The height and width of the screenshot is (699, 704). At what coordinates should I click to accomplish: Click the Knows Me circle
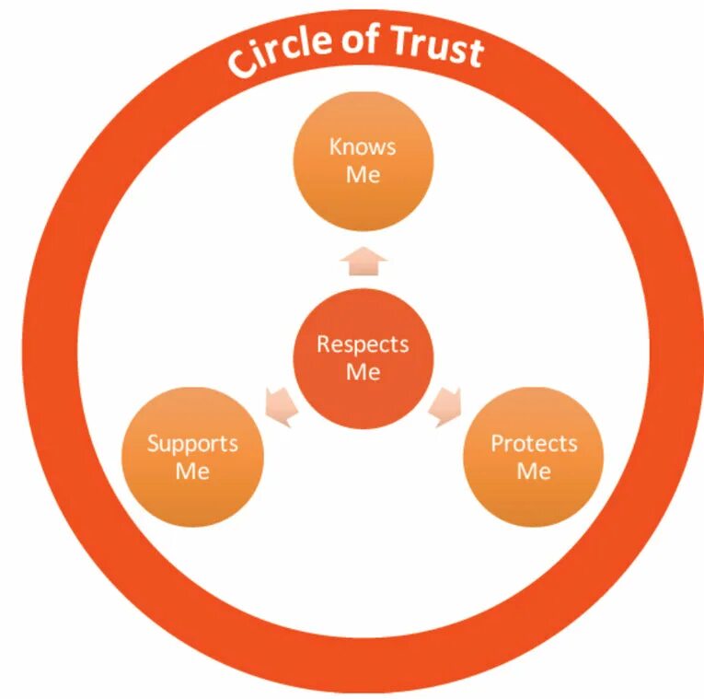click(363, 161)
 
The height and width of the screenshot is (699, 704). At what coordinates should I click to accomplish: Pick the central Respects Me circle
click(363, 358)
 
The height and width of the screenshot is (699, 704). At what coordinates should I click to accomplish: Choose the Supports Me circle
click(192, 457)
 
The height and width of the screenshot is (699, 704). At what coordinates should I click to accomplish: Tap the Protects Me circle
click(533, 457)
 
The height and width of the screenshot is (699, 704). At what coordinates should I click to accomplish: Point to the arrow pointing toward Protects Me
click(445, 405)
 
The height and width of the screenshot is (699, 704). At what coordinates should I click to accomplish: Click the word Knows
click(363, 147)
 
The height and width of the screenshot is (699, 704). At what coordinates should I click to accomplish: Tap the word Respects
click(363, 344)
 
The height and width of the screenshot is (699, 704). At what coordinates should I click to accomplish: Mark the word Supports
click(192, 443)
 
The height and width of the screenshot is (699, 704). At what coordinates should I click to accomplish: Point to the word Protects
click(533, 443)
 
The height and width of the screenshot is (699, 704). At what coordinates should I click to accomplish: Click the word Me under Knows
click(363, 175)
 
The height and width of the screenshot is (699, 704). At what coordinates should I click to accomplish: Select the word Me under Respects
click(363, 372)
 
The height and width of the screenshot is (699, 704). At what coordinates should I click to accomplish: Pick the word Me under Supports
click(192, 471)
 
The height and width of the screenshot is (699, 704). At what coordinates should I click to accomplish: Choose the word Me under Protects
click(533, 471)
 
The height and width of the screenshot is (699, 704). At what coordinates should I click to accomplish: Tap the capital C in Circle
click(241, 64)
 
